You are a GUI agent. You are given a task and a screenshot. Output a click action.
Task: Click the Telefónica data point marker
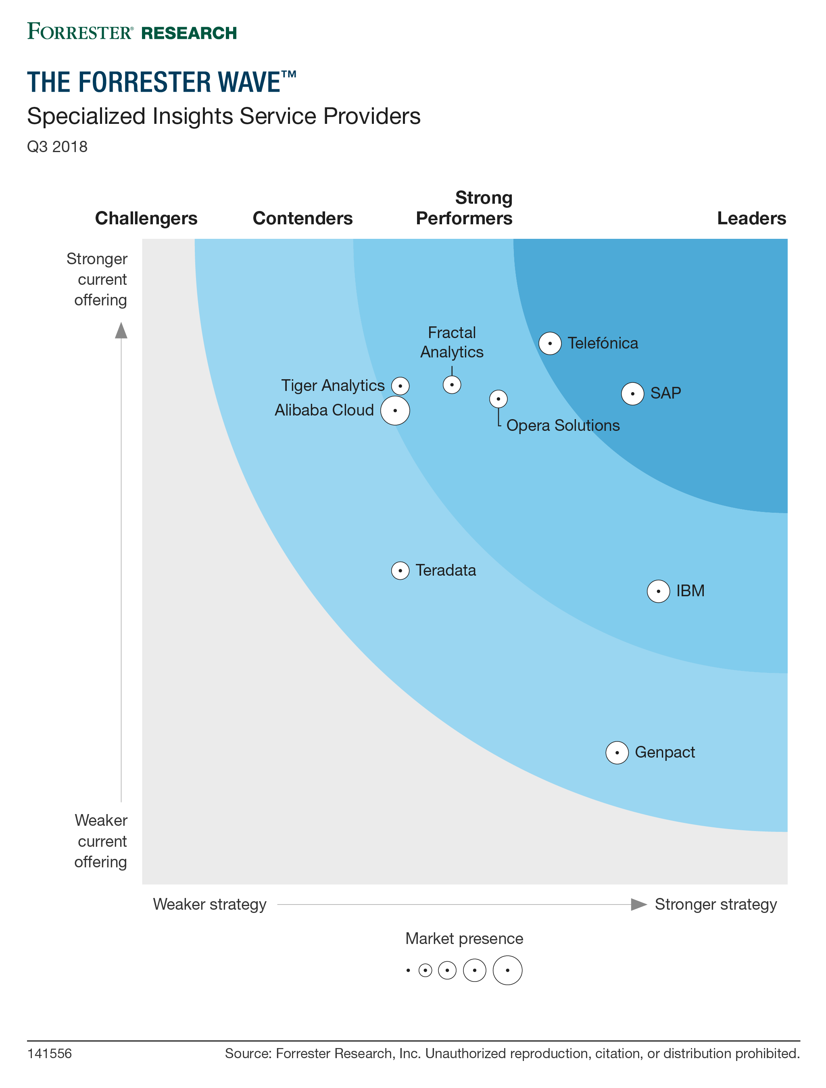click(x=550, y=343)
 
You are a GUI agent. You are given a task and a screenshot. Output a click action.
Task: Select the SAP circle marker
click(x=632, y=393)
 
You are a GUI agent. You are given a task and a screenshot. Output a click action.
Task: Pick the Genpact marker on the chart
click(x=617, y=752)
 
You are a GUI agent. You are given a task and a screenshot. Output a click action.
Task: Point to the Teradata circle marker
click(x=400, y=570)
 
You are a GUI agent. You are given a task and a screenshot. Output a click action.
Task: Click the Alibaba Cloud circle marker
click(x=395, y=411)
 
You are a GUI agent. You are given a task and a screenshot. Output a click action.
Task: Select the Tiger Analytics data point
click(x=400, y=386)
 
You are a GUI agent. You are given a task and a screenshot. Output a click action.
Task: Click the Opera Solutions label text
click(x=563, y=426)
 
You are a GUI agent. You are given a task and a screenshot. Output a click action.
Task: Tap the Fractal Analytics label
click(x=452, y=342)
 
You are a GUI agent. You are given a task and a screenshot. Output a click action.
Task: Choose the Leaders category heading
click(x=751, y=218)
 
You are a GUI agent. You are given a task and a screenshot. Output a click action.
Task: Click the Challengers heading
click(x=146, y=218)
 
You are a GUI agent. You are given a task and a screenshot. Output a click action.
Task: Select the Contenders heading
click(x=302, y=218)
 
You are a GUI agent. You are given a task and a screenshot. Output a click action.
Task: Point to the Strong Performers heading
click(x=464, y=208)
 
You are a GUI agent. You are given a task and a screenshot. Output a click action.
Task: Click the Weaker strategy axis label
click(x=209, y=904)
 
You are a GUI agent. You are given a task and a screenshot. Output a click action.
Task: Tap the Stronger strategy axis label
click(x=715, y=904)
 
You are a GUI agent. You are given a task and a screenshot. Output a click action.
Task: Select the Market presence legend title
click(x=464, y=938)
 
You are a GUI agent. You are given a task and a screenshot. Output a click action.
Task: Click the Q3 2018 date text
click(x=57, y=146)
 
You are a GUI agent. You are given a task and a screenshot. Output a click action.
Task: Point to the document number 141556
click(x=49, y=1054)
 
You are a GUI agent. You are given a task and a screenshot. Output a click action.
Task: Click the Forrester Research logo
click(x=132, y=32)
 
